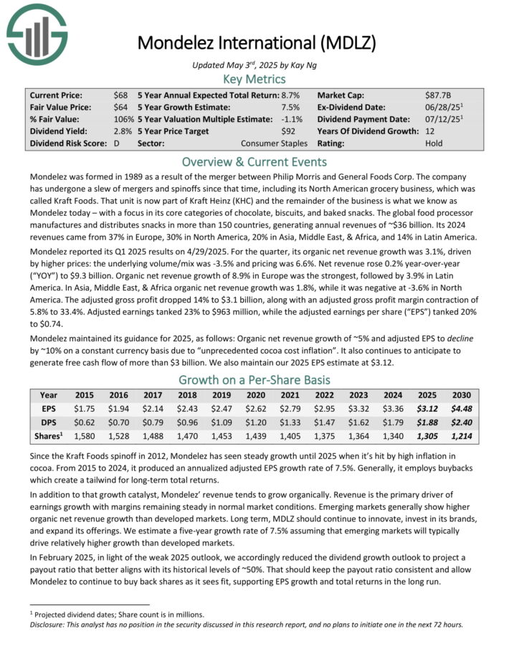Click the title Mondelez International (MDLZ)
click(256, 42)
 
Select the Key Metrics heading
click(255, 79)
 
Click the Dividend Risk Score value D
click(116, 143)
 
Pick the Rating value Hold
click(434, 143)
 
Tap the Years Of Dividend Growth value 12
click(429, 131)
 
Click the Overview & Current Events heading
click(255, 161)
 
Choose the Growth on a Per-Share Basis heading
click(255, 380)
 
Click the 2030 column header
click(460, 395)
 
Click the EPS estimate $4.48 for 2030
click(460, 408)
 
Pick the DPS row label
click(49, 422)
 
